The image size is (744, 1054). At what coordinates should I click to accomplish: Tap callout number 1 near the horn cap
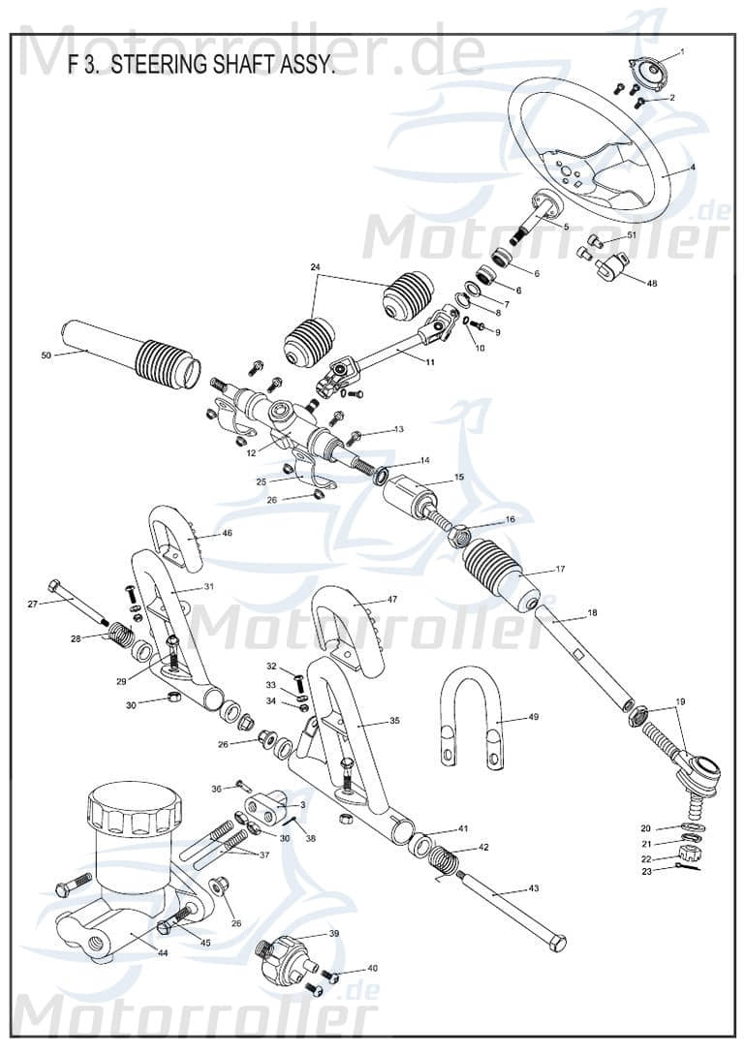pos(682,51)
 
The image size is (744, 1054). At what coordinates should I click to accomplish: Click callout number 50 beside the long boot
pos(46,356)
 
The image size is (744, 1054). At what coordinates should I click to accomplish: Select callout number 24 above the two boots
pos(315,266)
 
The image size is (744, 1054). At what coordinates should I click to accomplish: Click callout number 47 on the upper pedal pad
pos(391,600)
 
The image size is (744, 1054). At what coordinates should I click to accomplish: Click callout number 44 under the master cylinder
pos(163,953)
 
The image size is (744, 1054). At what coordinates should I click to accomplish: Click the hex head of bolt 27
pos(54,586)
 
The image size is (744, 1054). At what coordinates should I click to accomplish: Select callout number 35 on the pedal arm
pos(393,721)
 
